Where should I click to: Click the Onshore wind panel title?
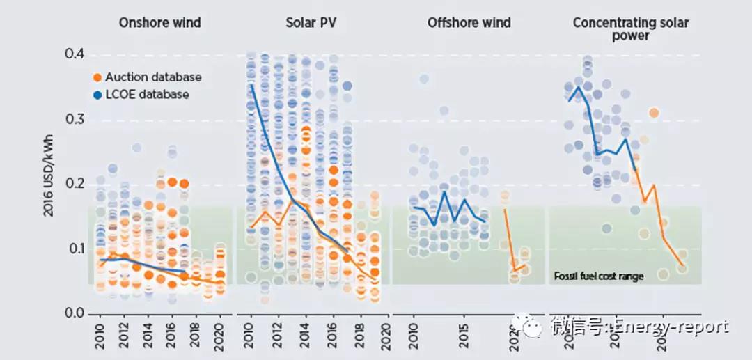point(159,23)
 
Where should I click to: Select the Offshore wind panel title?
point(469,23)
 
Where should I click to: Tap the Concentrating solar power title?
point(630,29)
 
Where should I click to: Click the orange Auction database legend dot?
point(98,77)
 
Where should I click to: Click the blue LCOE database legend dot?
point(98,95)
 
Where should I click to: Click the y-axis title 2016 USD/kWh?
point(49,183)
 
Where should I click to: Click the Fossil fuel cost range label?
point(598,276)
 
